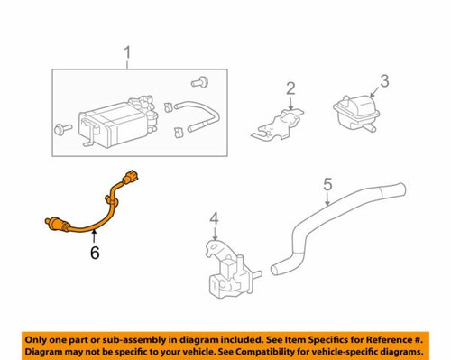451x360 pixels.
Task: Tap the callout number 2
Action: [x=290, y=88]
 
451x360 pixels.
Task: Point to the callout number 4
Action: [x=214, y=218]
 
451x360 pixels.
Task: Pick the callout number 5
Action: [x=328, y=187]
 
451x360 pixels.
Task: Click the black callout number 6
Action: [x=94, y=254]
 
